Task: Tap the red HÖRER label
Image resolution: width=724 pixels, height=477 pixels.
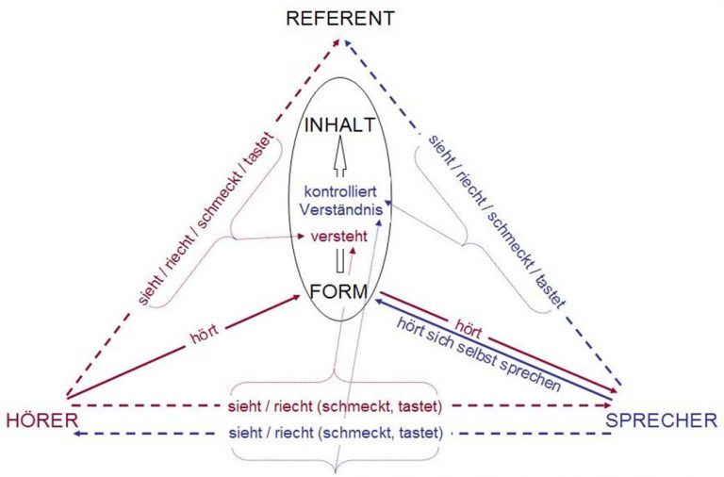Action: pyautogui.click(x=39, y=420)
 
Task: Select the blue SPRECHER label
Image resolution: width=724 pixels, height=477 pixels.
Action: pyautogui.click(x=663, y=420)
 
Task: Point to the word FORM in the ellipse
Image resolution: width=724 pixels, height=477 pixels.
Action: pyautogui.click(x=338, y=292)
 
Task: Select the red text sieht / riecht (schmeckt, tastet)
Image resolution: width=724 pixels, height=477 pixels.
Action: pyautogui.click(x=337, y=407)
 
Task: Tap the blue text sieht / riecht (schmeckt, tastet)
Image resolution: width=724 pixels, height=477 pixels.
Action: pyautogui.click(x=337, y=434)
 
